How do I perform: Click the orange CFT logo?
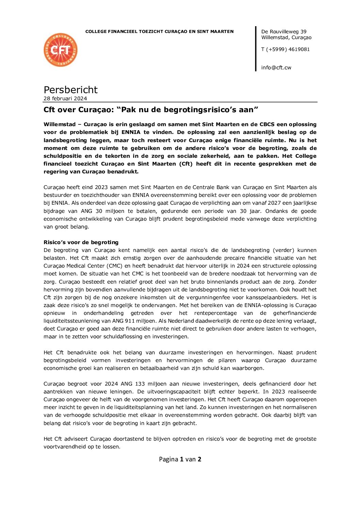tap(61, 50)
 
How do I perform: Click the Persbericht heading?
tap(70, 90)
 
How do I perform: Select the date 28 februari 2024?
tap(65, 99)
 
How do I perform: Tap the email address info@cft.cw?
tap(276, 68)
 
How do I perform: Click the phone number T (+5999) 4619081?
tap(285, 49)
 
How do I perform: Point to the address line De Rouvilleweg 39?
tap(283, 32)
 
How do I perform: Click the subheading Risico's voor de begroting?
tap(81, 242)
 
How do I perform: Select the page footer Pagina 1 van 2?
tap(180, 459)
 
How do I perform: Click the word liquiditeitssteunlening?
tap(71, 321)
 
